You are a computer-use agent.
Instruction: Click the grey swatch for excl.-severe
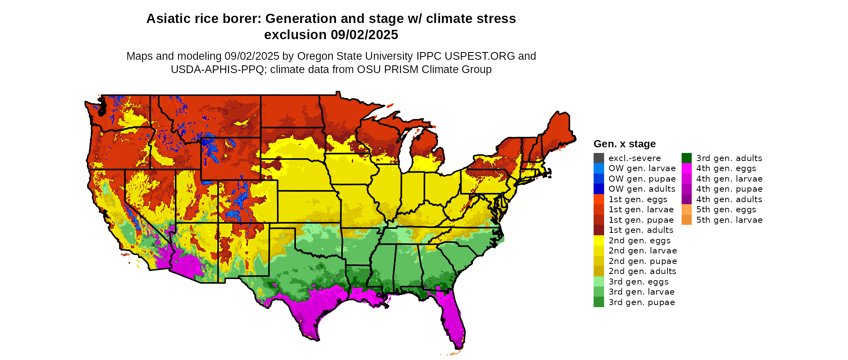coord(598,158)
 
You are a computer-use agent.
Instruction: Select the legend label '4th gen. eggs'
coord(726,168)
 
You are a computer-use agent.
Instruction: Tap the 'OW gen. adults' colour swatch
coord(598,189)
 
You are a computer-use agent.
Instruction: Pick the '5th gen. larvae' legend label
coord(729,220)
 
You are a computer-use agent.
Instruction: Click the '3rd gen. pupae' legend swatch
coord(598,302)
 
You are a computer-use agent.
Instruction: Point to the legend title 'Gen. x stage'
coord(624,144)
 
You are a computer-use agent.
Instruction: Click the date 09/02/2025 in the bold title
coord(364,35)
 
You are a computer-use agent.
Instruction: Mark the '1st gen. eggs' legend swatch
coord(598,199)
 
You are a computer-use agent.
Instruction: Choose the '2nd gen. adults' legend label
coord(642,271)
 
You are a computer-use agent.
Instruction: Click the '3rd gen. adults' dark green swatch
coord(686,158)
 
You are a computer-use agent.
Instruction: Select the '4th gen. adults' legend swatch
coord(686,199)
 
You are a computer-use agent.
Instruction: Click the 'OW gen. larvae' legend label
coord(642,168)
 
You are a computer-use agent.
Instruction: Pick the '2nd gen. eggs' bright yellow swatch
coord(598,241)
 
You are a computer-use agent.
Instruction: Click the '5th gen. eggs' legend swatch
coord(686,209)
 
